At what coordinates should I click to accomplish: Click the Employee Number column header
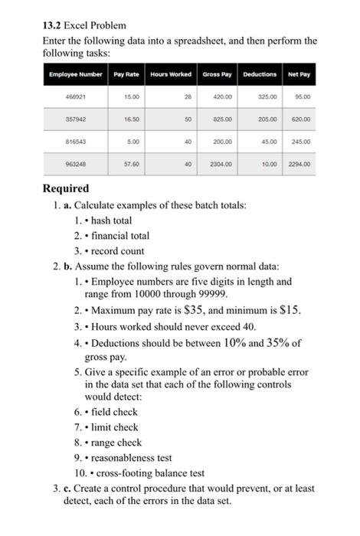(75, 74)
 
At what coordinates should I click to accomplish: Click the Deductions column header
(260, 74)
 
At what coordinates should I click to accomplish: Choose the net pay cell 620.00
(300, 119)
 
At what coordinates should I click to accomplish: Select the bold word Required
(66, 188)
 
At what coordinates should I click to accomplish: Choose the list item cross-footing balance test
(149, 472)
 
